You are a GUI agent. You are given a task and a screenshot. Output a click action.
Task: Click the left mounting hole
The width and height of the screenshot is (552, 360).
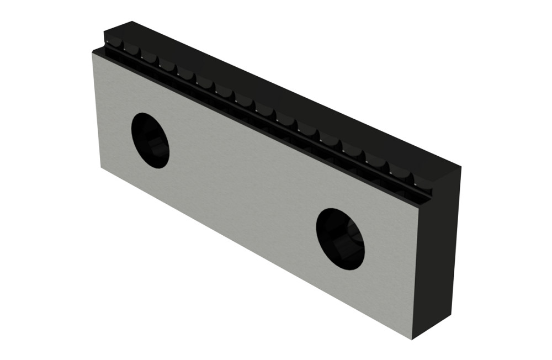[150, 140]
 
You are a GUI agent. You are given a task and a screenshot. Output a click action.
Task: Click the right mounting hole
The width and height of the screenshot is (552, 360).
[340, 239]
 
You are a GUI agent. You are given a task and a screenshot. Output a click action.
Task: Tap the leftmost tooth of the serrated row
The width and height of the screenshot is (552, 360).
[114, 43]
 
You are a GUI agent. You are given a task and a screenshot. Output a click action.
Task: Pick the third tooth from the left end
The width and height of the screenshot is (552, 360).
[150, 57]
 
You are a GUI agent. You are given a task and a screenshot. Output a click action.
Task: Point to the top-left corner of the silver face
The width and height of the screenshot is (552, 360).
[92, 53]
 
